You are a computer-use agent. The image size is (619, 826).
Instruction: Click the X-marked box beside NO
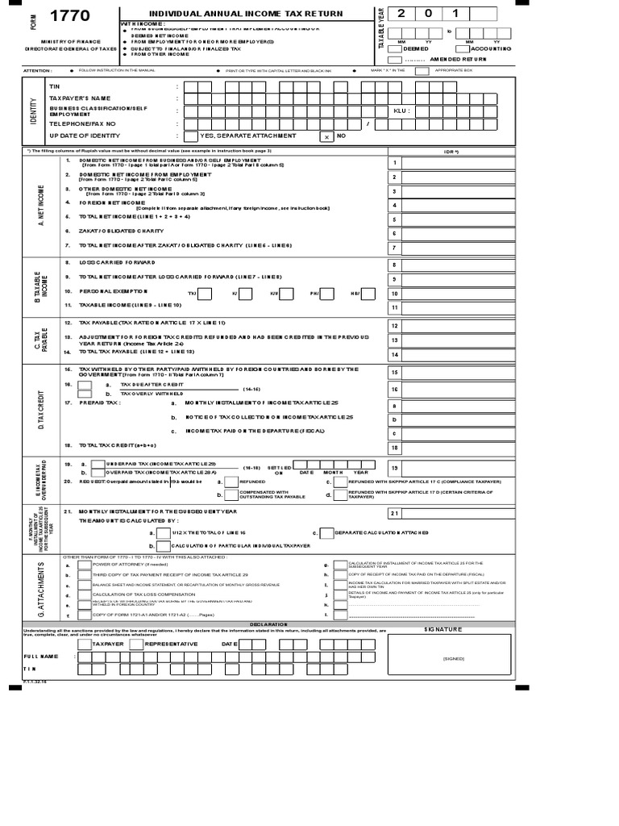click(326, 136)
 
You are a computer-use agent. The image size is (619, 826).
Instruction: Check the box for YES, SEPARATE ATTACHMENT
click(190, 136)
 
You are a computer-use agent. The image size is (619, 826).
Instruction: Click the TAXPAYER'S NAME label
click(79, 98)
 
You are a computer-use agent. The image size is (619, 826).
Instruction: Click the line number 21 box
click(394, 512)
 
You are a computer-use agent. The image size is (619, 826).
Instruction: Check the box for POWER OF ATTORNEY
click(84, 565)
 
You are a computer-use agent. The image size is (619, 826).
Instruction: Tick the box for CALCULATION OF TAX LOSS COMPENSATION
click(84, 594)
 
